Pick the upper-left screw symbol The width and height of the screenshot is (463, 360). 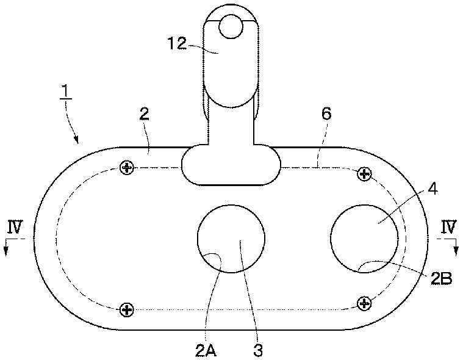[x=127, y=167]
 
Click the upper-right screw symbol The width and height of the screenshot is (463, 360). [x=364, y=175]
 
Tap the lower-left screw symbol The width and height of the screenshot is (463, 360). [x=127, y=309]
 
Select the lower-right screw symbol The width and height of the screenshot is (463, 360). [x=364, y=302]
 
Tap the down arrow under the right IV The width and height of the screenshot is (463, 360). [x=456, y=247]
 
